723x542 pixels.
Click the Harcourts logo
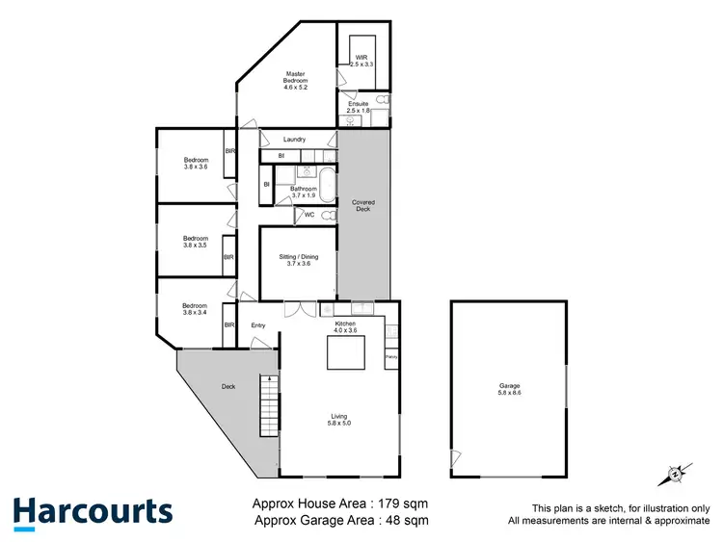coord(93,511)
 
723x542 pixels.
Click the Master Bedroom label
coord(295,81)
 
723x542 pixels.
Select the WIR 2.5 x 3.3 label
coord(361,59)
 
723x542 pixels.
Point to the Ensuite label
coord(360,107)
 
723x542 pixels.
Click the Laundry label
coord(294,140)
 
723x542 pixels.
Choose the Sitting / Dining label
coord(297,260)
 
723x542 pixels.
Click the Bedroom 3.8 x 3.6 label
coord(196,163)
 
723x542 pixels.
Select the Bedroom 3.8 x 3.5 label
coord(196,242)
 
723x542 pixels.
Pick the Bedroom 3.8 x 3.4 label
coord(196,309)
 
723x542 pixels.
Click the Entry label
coord(257,325)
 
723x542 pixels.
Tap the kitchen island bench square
coord(345,355)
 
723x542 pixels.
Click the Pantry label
coord(391,358)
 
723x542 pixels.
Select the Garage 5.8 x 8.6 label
coord(508,389)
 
